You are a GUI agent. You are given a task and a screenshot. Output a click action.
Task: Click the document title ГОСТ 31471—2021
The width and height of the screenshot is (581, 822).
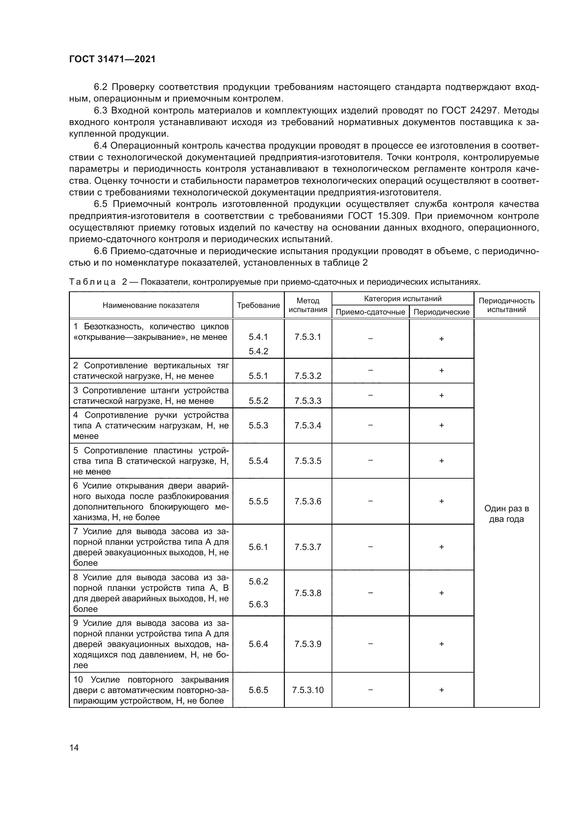(x=112, y=59)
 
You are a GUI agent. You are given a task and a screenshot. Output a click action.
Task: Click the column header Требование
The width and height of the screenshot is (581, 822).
(x=258, y=305)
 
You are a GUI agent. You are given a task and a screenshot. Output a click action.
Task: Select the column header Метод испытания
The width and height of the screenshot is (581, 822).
(x=308, y=305)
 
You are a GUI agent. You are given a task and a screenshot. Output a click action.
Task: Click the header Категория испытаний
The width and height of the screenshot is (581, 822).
(x=403, y=299)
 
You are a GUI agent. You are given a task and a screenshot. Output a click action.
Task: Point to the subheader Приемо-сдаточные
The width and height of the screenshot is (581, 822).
(x=370, y=312)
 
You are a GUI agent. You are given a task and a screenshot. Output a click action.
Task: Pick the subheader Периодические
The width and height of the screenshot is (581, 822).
(x=441, y=312)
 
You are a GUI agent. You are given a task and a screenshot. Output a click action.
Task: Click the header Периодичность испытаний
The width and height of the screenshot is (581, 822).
(x=506, y=305)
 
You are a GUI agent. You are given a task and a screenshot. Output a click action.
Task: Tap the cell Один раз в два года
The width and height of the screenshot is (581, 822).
(x=506, y=514)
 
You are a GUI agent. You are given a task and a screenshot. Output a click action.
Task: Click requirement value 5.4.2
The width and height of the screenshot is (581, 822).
(x=258, y=351)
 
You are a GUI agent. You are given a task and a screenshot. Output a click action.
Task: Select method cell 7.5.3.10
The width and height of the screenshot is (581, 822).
(x=308, y=690)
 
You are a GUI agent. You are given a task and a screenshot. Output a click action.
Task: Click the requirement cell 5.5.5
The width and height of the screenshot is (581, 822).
(x=258, y=501)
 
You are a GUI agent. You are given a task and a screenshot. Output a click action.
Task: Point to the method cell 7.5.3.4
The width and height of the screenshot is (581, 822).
(x=308, y=425)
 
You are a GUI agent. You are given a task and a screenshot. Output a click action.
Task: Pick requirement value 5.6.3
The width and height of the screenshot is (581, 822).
(x=258, y=604)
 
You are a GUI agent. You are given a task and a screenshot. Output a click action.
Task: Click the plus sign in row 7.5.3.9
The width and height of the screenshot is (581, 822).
(x=441, y=644)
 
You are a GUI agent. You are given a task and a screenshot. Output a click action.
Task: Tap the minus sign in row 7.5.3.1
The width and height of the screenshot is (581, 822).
(x=370, y=338)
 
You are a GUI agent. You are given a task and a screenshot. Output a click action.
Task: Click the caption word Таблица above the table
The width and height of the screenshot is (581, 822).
(x=92, y=282)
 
